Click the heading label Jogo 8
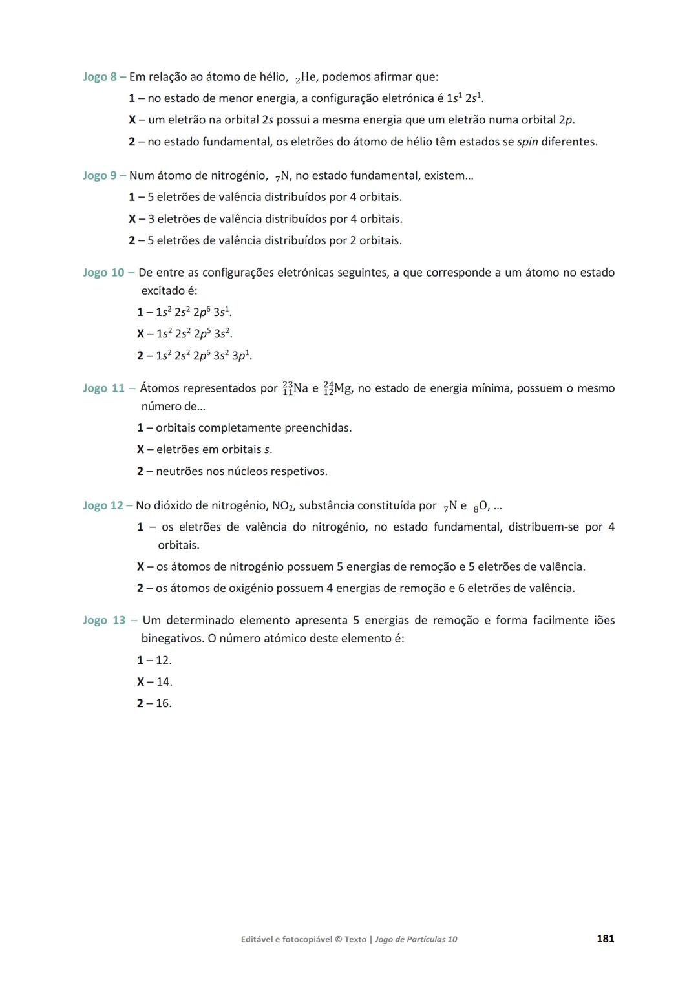point(100,77)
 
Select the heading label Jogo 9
point(100,175)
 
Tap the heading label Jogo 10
point(103,273)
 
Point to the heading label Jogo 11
point(103,388)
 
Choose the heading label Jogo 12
point(103,505)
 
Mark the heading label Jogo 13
point(104,621)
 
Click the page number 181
point(605,939)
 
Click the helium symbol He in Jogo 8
point(309,77)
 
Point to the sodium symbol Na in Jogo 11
point(301,388)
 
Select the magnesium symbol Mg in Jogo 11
point(343,388)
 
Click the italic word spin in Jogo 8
point(527,142)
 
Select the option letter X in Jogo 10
point(140,334)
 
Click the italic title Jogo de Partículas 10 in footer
point(416,939)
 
